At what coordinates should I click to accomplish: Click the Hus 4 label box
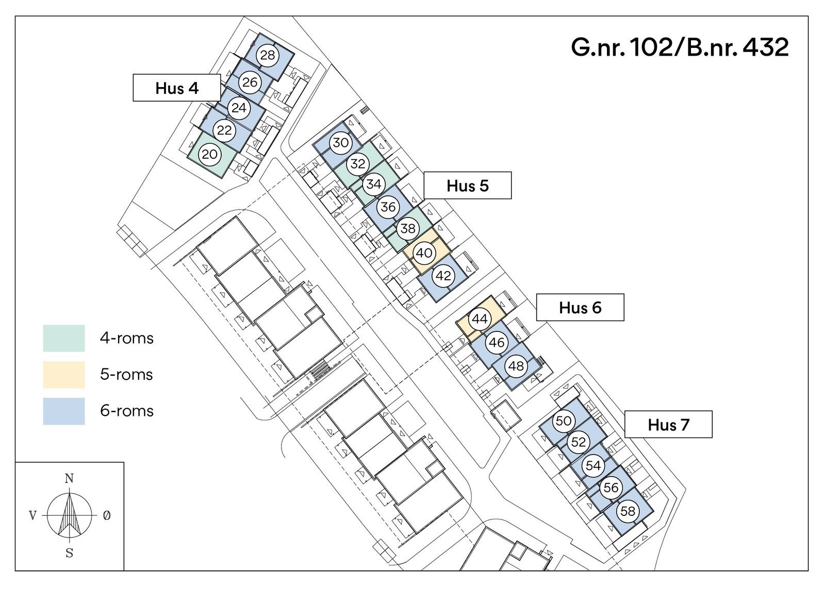click(x=177, y=88)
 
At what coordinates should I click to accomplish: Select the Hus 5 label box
click(x=467, y=186)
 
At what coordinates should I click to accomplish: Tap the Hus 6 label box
click(x=580, y=307)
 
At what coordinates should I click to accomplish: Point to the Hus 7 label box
click(x=668, y=425)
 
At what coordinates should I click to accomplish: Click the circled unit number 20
click(x=210, y=154)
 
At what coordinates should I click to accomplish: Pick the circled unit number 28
click(x=268, y=55)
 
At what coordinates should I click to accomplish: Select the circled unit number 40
click(x=424, y=253)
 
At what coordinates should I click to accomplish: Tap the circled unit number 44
click(x=480, y=319)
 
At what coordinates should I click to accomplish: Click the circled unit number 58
click(x=628, y=511)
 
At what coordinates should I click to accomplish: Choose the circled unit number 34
click(x=374, y=184)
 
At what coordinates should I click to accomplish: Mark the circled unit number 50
click(x=564, y=420)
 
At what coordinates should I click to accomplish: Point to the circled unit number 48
click(x=516, y=366)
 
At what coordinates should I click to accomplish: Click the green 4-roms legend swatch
click(x=64, y=338)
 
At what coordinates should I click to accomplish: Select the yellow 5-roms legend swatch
click(x=64, y=375)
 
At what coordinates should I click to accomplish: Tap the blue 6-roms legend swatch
click(x=64, y=411)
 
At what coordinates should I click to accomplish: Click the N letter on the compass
click(x=69, y=479)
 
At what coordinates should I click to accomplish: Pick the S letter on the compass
click(x=69, y=553)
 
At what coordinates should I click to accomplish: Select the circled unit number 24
click(x=239, y=108)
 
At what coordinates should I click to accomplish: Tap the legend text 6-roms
click(x=127, y=411)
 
